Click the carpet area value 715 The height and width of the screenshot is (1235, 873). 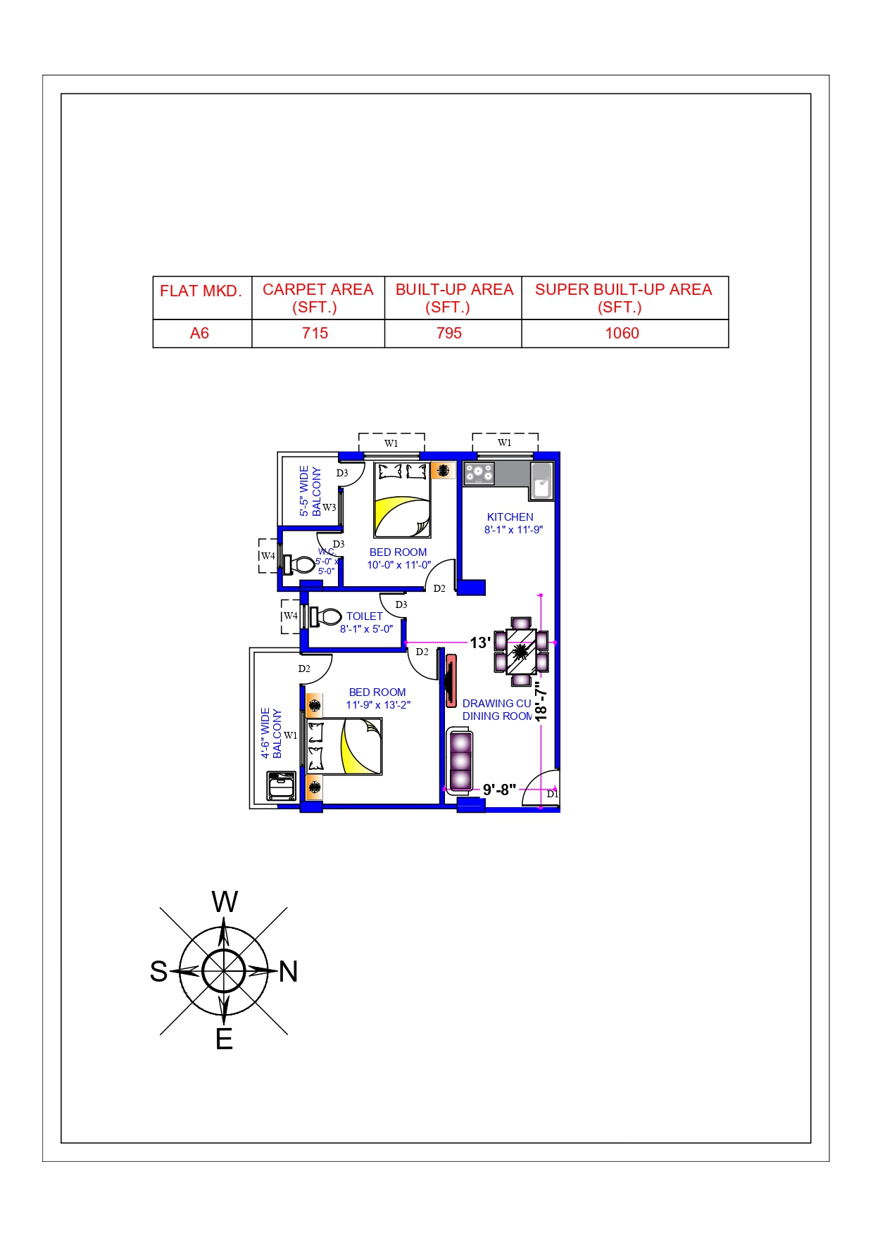[x=315, y=334]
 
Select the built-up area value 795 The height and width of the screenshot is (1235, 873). [x=449, y=334]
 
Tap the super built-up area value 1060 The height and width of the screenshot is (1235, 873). [x=622, y=334]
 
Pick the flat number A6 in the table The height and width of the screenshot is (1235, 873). [x=199, y=334]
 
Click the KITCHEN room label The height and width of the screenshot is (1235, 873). [x=510, y=517]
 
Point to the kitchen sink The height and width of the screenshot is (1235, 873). [x=541, y=481]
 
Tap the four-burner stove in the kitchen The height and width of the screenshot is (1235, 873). [x=479, y=474]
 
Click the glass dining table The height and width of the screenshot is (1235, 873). [x=521, y=652]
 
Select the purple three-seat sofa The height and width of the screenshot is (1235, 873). [x=460, y=761]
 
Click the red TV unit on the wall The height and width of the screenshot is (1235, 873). [x=451, y=680]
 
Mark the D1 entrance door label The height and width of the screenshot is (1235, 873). [x=553, y=794]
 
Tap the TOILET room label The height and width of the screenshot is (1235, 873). [x=364, y=616]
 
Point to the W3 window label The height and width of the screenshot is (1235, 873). [x=329, y=507]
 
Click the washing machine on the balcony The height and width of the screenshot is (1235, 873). [x=282, y=786]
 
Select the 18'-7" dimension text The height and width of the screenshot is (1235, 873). [x=541, y=700]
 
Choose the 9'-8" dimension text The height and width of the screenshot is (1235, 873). [x=499, y=790]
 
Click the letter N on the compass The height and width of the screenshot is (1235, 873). [x=289, y=972]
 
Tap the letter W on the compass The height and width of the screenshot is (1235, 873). [x=225, y=902]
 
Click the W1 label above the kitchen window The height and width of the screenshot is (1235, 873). [x=504, y=443]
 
